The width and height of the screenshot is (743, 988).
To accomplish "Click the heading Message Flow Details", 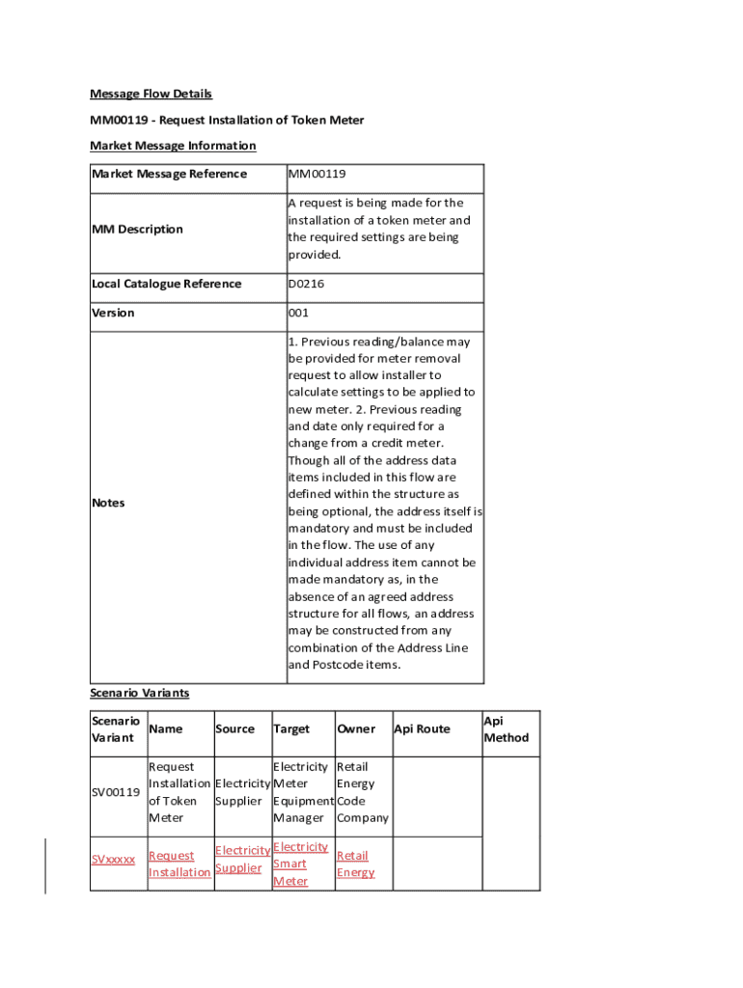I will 151,94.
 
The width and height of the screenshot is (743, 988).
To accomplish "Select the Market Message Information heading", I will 173,146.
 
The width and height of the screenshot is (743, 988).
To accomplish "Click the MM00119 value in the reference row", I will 316,174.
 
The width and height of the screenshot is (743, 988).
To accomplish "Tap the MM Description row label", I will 136,229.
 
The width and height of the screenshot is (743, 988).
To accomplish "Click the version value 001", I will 298,313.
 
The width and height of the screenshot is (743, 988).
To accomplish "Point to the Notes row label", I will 108,503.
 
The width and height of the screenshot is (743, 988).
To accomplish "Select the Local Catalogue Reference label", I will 166,284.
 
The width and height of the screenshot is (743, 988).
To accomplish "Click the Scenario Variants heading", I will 139,693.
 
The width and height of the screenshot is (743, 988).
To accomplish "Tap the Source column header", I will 234,728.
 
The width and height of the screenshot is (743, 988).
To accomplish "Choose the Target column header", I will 291,728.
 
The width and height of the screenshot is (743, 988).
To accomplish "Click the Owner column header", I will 355,728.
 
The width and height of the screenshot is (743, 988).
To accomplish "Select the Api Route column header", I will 422,728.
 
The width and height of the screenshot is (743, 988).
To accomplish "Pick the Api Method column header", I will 506,728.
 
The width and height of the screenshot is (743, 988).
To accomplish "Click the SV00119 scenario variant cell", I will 116,792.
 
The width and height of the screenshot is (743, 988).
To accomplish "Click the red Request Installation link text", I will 179,864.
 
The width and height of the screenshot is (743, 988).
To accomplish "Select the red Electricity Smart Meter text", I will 300,864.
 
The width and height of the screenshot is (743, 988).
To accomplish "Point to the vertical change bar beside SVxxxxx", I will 45,865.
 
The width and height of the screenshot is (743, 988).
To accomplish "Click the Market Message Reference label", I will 169,174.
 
